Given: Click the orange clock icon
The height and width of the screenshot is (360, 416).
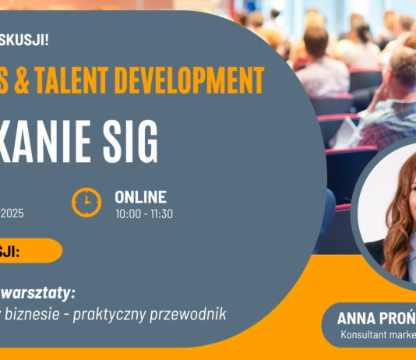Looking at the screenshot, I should [x=86, y=203].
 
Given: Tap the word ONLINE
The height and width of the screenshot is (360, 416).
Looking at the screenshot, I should [x=140, y=197].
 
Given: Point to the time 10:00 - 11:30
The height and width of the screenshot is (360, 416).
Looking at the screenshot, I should [x=144, y=213].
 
